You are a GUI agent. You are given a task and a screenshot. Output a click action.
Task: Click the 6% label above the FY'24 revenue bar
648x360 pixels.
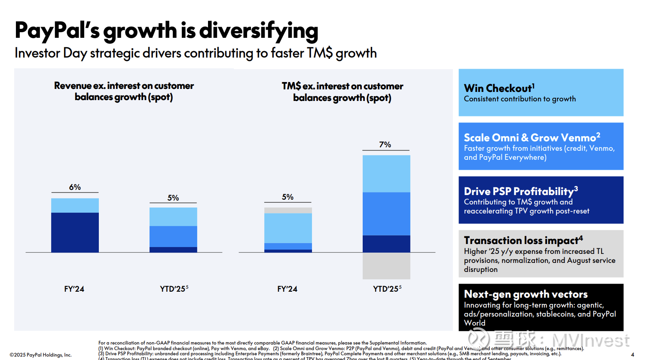pos(75,187)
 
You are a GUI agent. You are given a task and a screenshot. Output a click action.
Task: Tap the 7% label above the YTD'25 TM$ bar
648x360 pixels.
pos(385,145)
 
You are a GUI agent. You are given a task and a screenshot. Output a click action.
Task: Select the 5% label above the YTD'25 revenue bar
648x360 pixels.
pos(173,198)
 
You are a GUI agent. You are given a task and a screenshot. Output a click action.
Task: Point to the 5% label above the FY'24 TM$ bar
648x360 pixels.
pos(287,197)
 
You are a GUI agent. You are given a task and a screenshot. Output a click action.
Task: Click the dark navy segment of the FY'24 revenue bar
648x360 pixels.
pos(75,232)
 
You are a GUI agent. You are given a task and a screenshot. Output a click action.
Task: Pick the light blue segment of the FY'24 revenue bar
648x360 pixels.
pos(75,205)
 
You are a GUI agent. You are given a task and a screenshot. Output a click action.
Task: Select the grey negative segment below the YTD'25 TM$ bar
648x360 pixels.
pos(386,265)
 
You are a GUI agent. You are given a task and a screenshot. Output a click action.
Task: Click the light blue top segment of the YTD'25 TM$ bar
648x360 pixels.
pos(386,174)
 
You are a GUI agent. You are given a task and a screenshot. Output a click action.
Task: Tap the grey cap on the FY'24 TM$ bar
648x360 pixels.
pos(288,211)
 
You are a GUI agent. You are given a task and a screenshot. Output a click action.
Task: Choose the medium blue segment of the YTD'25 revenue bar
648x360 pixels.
pos(173,236)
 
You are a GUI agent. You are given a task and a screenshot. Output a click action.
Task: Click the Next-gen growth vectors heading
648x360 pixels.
pos(526,294)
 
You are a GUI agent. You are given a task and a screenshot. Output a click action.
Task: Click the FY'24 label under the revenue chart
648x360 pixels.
pos(74,289)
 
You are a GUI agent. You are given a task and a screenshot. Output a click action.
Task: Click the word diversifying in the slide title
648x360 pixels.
pos(258,31)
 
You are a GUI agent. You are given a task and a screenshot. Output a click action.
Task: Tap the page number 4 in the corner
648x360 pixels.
pos(632,355)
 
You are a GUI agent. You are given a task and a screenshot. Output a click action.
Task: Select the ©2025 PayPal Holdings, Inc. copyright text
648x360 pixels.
pos(41,355)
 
